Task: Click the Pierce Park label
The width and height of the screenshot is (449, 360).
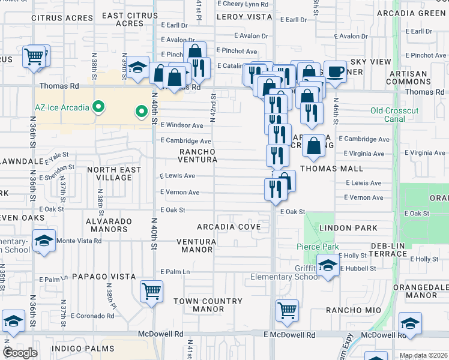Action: coord(318,247)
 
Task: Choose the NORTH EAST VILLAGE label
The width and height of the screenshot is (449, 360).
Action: coord(114,173)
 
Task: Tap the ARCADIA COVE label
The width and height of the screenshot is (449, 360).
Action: coord(230,227)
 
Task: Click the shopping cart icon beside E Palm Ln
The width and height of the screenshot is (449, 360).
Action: coord(151,292)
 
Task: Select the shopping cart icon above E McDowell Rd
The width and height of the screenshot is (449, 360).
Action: coord(287,311)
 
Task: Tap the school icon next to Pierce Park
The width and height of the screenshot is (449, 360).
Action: coord(328,265)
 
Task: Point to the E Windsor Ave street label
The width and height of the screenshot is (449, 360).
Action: coord(182,125)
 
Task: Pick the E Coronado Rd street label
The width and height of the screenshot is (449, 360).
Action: coord(92,316)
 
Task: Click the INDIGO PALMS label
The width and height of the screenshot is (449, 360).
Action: coord(83,348)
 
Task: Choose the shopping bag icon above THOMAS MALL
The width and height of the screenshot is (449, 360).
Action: coord(314,145)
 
